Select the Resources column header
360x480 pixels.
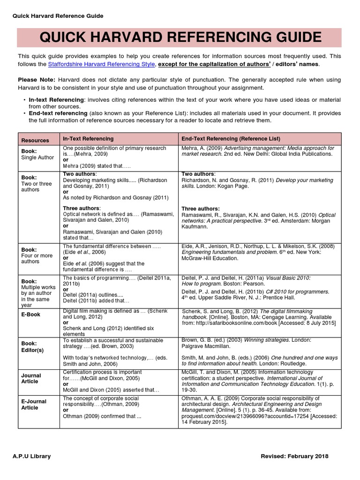tap(35, 140)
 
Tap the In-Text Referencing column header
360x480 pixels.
tap(88, 139)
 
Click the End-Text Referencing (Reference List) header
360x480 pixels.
tap(231, 139)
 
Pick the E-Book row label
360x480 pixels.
tap(31, 314)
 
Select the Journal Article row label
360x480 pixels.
tap(31, 379)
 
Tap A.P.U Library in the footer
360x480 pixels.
tap(32, 456)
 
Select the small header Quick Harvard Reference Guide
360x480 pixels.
tap(55, 16)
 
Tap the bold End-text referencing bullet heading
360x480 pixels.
tap(58, 113)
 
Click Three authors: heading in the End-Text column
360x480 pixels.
tap(200, 209)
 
